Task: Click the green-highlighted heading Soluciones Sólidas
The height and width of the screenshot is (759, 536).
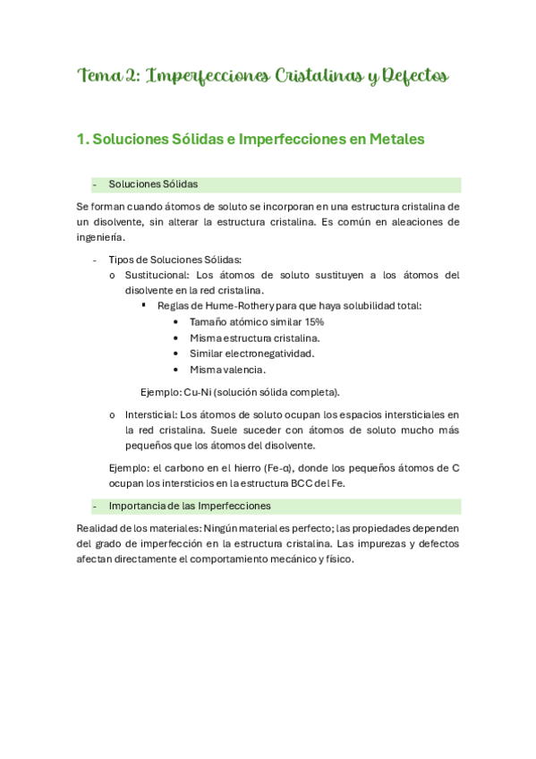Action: coord(153,184)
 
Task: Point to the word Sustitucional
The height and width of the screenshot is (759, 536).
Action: coord(157,275)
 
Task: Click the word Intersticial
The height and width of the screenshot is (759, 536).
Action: coord(149,414)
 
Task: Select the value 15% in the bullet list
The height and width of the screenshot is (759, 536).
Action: coord(312,321)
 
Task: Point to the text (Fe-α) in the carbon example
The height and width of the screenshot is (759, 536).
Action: coord(283,468)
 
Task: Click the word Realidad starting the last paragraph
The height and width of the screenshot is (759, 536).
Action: coord(98,528)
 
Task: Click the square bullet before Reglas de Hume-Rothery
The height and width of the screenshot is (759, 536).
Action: coord(145,305)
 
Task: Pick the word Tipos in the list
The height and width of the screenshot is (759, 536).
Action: coord(121,260)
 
